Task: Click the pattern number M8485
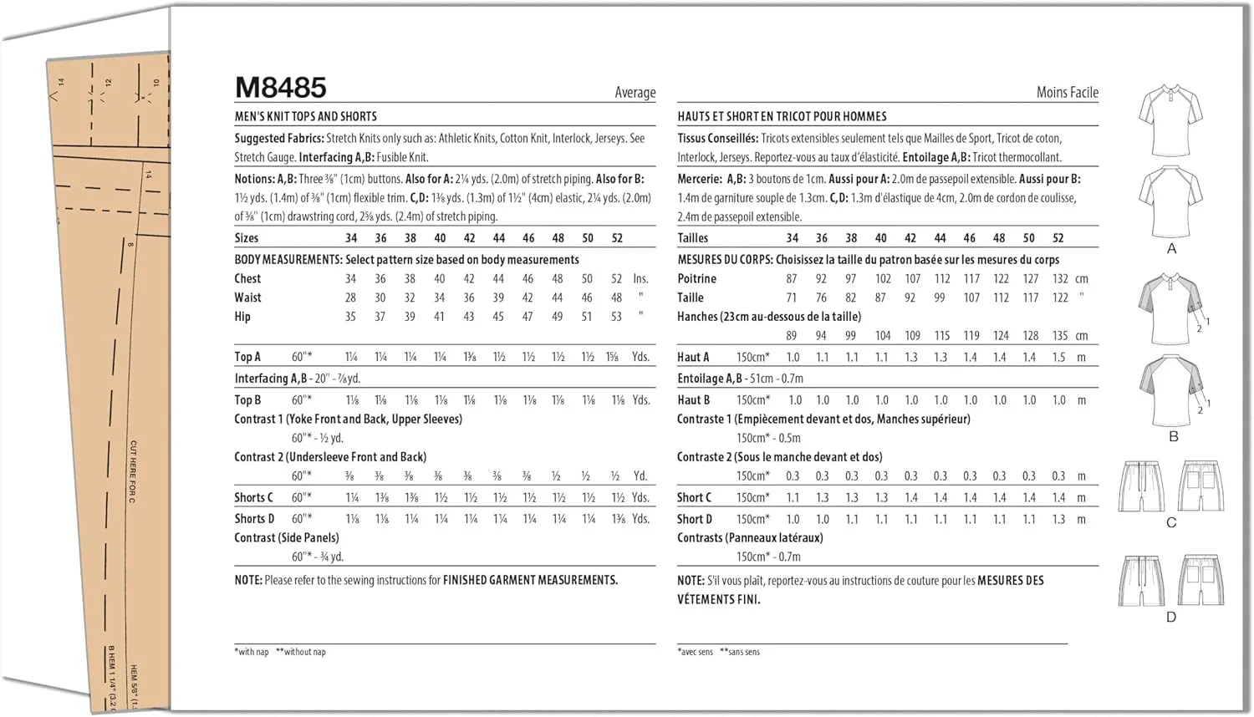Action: [x=281, y=88]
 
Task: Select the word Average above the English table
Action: [x=635, y=93]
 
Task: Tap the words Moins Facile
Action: [x=1067, y=93]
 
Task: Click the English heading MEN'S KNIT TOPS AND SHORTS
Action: [x=305, y=117]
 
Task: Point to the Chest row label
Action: [x=247, y=279]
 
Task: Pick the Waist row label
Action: [x=247, y=297]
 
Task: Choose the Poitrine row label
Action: [x=696, y=279]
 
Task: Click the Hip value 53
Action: [x=616, y=317]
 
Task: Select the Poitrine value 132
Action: [x=1060, y=279]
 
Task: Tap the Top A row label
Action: [x=247, y=357]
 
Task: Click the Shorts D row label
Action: [x=254, y=519]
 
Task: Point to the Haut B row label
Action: [x=693, y=400]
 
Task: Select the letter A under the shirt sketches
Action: [x=1171, y=248]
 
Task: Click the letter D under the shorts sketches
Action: [x=1171, y=617]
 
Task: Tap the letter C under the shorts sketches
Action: [x=1171, y=522]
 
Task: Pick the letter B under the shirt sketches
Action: [x=1173, y=436]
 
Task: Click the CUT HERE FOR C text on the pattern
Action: [x=133, y=471]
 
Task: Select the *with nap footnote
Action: [x=252, y=652]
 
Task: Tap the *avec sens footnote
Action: [x=695, y=652]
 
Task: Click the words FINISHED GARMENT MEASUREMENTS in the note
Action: [x=530, y=580]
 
